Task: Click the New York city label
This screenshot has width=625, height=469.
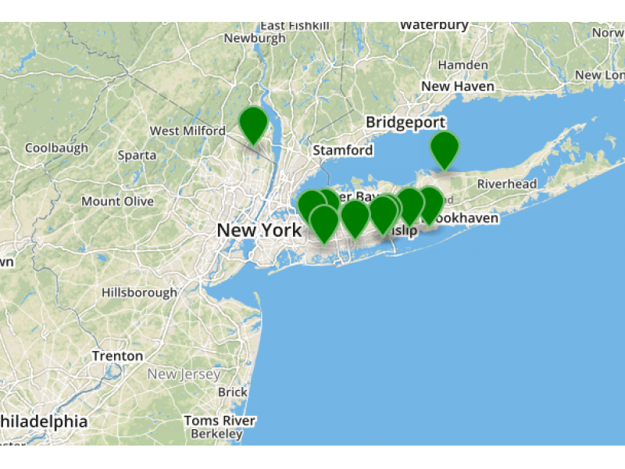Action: pyautogui.click(x=259, y=231)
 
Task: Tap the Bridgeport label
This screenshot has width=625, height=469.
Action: pyautogui.click(x=405, y=123)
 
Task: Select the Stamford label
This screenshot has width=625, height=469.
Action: pyautogui.click(x=343, y=150)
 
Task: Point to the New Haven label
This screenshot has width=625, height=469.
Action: pyautogui.click(x=458, y=86)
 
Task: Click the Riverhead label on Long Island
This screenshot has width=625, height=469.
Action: pyautogui.click(x=507, y=184)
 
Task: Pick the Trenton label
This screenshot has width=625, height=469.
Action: pyautogui.click(x=117, y=356)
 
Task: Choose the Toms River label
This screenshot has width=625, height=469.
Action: pyautogui.click(x=220, y=421)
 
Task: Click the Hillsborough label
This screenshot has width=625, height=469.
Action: pyautogui.click(x=139, y=292)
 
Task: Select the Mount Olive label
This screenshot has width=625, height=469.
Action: pyautogui.click(x=118, y=202)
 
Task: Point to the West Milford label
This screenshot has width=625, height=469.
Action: pyautogui.click(x=187, y=131)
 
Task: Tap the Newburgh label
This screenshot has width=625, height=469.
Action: pyautogui.click(x=255, y=38)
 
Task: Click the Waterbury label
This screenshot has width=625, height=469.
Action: pyautogui.click(x=434, y=25)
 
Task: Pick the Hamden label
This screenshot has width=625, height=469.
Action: pyautogui.click(x=463, y=65)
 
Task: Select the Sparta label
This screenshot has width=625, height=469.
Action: pyautogui.click(x=137, y=155)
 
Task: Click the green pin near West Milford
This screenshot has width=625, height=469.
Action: pyautogui.click(x=253, y=124)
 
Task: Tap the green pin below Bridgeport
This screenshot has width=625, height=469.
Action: pyautogui.click(x=445, y=149)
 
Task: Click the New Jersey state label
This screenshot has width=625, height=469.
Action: pyautogui.click(x=184, y=374)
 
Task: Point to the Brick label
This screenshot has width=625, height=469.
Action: pyautogui.click(x=233, y=392)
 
